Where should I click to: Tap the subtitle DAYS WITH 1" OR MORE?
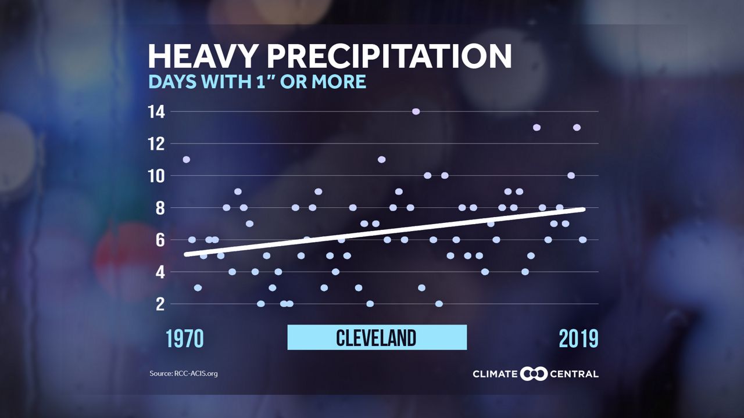pos(257,82)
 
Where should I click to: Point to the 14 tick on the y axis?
pos(156,111)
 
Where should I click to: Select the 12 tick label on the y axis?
pos(156,143)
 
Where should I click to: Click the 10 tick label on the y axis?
pos(156,175)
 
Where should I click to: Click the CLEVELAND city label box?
pos(377,337)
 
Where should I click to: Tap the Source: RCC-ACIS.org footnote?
pos(183,373)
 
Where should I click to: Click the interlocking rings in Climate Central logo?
pos(534,373)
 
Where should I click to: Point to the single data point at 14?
pos(416,111)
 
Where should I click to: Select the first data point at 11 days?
pos(186,160)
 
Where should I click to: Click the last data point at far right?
pos(582,240)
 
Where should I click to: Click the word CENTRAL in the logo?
pos(574,373)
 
